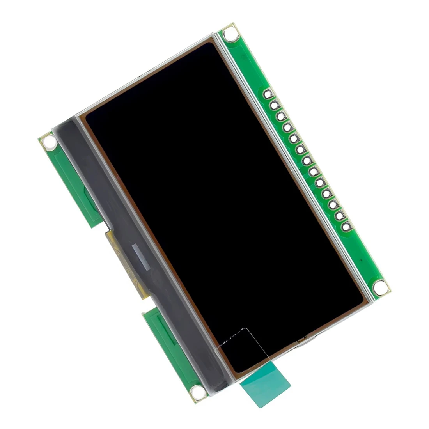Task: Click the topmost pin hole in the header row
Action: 268,94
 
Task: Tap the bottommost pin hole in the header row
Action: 346,226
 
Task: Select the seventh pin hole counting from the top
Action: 307,160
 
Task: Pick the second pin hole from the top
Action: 274,105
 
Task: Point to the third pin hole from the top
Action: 281,116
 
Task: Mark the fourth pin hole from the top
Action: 287,127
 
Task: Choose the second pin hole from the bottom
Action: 339,215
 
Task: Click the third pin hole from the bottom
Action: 333,204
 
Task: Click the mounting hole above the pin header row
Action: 231,34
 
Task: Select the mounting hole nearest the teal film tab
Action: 197,391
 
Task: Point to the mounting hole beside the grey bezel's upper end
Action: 49,142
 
